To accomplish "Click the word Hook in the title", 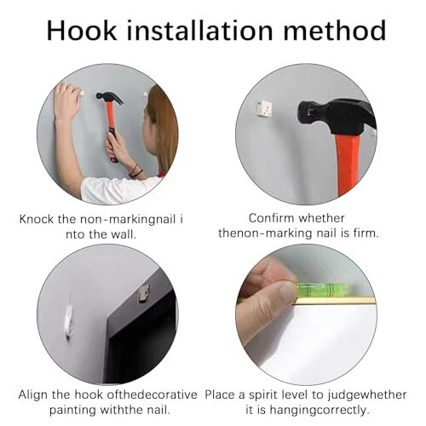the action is [x=82, y=31].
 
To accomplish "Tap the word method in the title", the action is [x=335, y=31].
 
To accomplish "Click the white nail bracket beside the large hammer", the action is [x=265, y=108].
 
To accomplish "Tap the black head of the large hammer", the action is [x=337, y=117].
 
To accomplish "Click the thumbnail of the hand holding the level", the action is [x=286, y=291].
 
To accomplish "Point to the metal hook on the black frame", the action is [x=143, y=294].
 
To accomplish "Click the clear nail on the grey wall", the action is [x=69, y=319].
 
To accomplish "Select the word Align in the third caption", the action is [x=33, y=395].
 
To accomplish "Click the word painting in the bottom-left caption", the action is [x=72, y=411].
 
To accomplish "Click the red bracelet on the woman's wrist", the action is [x=135, y=171].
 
